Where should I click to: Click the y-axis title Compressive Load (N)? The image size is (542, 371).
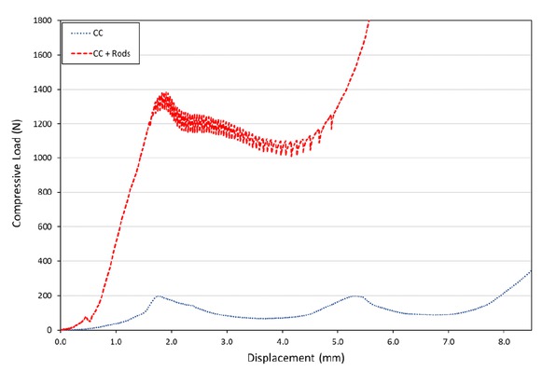20,173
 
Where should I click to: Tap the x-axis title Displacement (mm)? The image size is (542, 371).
295,358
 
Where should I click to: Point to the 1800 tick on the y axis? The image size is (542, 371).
42,20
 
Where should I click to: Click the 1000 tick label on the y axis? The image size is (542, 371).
42,158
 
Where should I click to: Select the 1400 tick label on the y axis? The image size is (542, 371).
42,89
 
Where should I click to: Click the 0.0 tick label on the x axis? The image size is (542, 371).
61,341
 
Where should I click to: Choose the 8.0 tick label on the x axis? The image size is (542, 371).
503,341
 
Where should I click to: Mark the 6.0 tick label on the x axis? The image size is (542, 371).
393,341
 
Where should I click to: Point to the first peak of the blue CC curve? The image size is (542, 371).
160,295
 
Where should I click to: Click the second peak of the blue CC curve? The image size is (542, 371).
354,295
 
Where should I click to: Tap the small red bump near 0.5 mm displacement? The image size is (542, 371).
87,317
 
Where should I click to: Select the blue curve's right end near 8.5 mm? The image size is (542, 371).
530,271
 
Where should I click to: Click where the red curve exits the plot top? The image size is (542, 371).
368,21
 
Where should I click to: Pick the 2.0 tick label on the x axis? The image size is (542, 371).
172,341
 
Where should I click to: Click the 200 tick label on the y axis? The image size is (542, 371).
44,295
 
